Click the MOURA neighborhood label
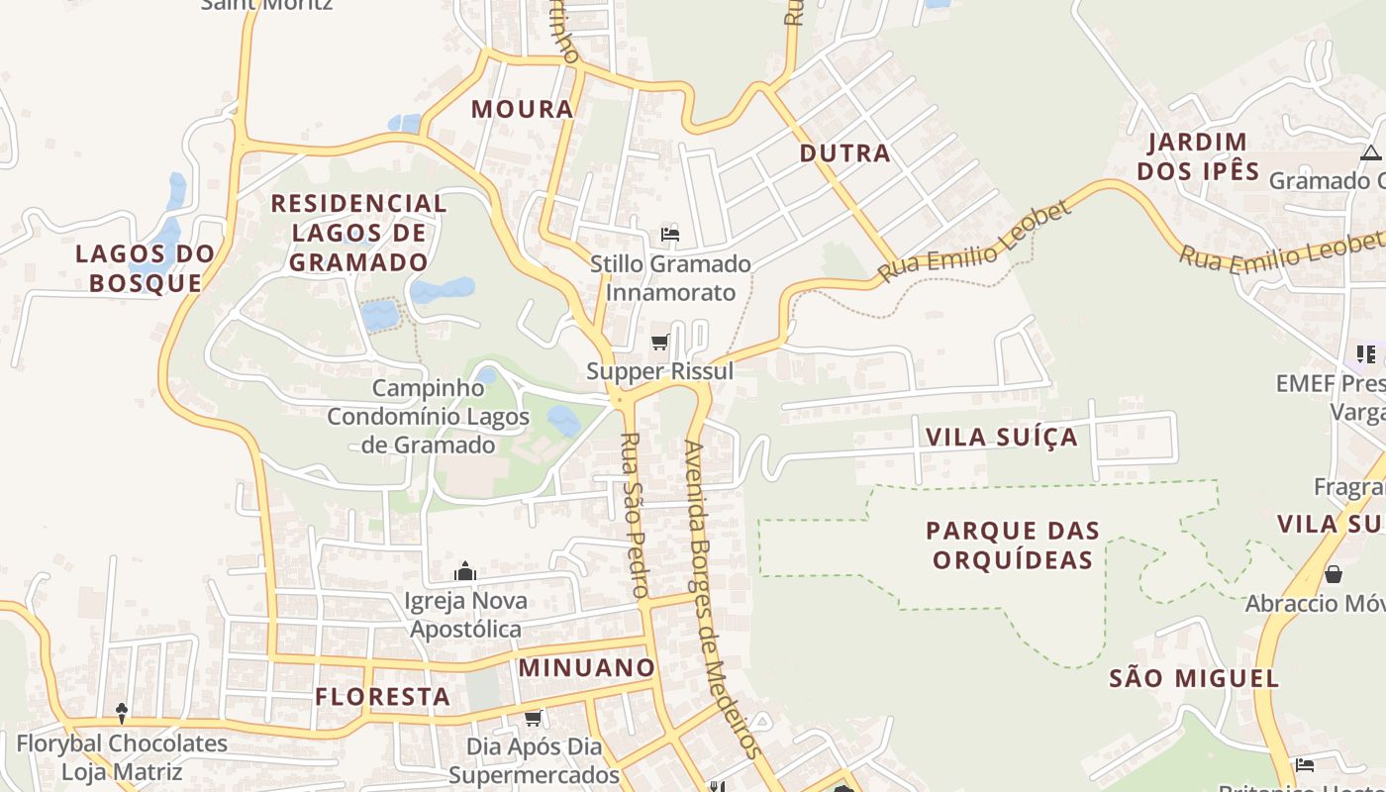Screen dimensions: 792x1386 pyautogui.click(x=522, y=109)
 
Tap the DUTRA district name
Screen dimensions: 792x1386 pyautogui.click(x=844, y=153)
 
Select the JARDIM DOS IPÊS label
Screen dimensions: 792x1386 pyautogui.click(x=1198, y=156)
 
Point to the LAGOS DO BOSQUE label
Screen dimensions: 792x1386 pyautogui.click(x=146, y=267)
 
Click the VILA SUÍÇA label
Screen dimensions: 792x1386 pyautogui.click(x=1001, y=437)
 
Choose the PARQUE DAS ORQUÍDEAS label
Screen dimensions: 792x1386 pyautogui.click(x=1013, y=544)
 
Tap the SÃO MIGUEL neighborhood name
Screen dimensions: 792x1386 pyautogui.click(x=1193, y=678)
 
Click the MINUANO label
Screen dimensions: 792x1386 pyautogui.click(x=587, y=667)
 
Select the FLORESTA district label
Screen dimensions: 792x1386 pyautogui.click(x=382, y=696)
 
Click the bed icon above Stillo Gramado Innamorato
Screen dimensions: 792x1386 pyautogui.click(x=670, y=235)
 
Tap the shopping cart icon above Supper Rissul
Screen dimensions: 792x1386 pyautogui.click(x=659, y=343)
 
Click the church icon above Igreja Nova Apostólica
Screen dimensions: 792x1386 pyautogui.click(x=464, y=571)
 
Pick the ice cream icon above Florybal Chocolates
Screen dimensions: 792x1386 pyautogui.click(x=122, y=713)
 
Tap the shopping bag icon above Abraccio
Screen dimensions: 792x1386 pyautogui.click(x=1334, y=574)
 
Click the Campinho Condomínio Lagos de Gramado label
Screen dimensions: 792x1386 pyautogui.click(x=428, y=416)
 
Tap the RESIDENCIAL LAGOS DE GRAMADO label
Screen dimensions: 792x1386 pyautogui.click(x=358, y=233)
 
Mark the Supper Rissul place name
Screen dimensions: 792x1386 pyautogui.click(x=659, y=371)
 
